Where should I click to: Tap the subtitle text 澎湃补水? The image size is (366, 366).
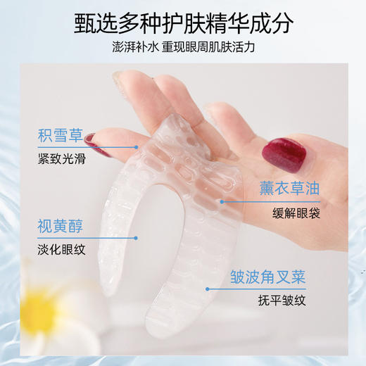pos(137,50)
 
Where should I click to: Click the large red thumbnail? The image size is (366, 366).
pos(279,151)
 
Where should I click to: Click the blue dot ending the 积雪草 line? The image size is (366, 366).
pos(137,147)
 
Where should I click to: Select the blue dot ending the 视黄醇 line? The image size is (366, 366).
pos(137,239)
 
